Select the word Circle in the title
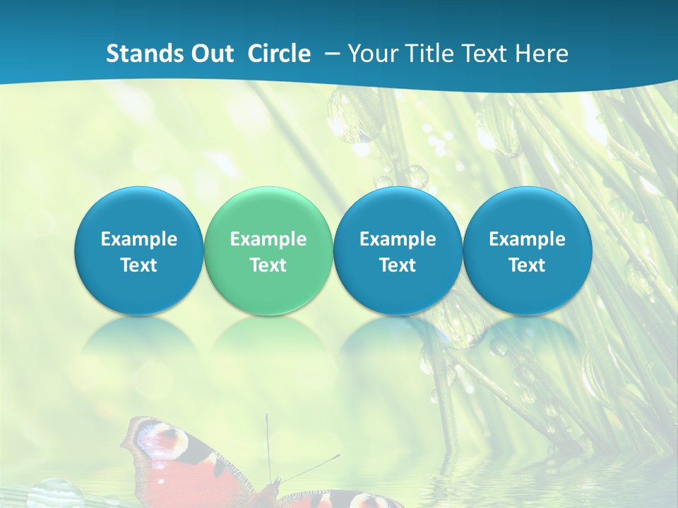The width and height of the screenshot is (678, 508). point(279,54)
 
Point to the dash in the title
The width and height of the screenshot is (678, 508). point(331,54)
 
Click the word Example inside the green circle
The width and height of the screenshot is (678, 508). point(268,239)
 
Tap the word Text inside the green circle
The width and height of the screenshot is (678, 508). point(268,265)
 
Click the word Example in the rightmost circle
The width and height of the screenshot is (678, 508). point(527,239)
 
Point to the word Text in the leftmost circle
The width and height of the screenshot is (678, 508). point(139,265)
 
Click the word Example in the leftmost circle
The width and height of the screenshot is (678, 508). point(139,239)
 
